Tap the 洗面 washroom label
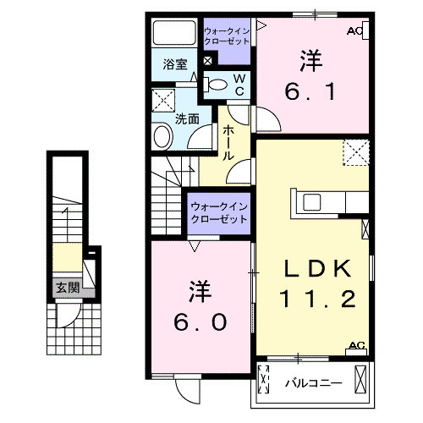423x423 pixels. click(187, 119)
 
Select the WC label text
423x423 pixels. click(239, 85)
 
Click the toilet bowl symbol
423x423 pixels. click(217, 84)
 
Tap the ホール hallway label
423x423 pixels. click(228, 143)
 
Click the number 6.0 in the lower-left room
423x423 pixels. click(201, 306)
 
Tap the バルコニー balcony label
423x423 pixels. click(313, 382)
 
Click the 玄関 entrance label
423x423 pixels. click(69, 288)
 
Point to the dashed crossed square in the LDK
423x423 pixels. click(355, 155)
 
